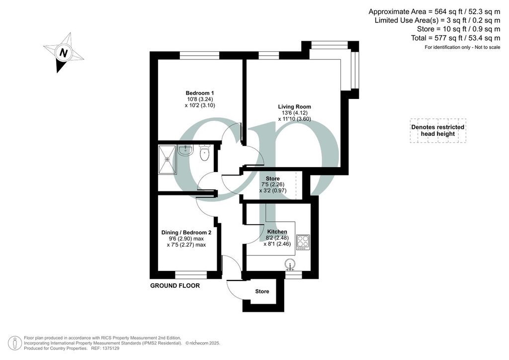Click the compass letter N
coord(64,53)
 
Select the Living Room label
coord(294,107)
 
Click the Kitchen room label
coord(277,232)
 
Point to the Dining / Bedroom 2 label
coord(186,233)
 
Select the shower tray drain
coord(167,160)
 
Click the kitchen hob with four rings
coord(303,242)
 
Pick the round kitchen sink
coord(290,265)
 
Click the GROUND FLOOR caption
coord(175,285)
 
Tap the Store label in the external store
coord(262,291)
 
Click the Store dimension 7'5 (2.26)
coord(273,184)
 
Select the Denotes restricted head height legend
coord(437,130)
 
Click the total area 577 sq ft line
coord(455,38)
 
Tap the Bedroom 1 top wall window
coord(200,56)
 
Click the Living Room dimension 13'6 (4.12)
coord(294,113)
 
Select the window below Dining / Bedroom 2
coord(191,275)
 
